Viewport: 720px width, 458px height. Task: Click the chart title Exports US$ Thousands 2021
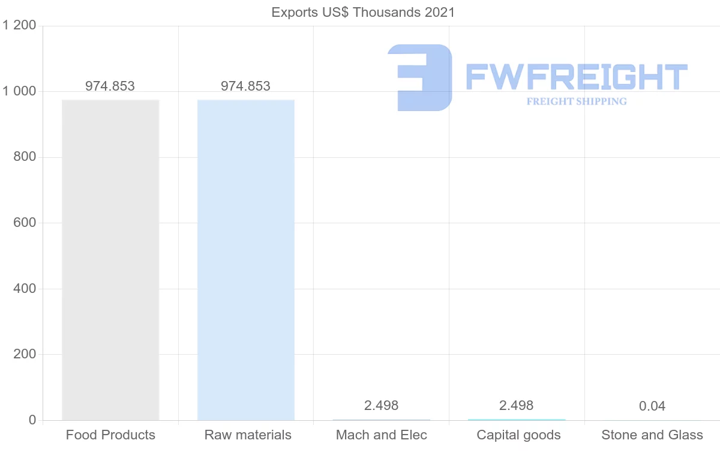tap(363, 12)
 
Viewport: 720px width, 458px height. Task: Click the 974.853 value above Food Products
tap(110, 86)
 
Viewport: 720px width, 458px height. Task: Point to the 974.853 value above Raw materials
tap(245, 86)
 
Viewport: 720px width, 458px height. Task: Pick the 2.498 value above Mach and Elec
tap(381, 405)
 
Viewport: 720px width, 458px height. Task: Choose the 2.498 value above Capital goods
tap(517, 405)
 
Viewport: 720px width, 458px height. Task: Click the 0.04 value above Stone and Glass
tap(652, 406)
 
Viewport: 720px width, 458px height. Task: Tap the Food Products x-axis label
tap(110, 435)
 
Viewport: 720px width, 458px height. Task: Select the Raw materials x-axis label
tap(248, 435)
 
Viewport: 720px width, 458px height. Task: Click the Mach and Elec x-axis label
tap(382, 435)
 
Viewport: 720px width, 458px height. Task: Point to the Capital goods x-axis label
tap(518, 435)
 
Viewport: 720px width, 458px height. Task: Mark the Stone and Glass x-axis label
tap(652, 435)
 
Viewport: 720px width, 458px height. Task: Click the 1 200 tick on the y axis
tap(19, 25)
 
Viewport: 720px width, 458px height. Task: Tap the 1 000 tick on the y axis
tap(19, 91)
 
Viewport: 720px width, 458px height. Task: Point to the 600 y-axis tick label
tap(25, 223)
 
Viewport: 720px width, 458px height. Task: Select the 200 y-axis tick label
tap(25, 354)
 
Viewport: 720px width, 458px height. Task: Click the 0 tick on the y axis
tap(32, 420)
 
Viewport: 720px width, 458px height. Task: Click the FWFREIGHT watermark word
tap(576, 77)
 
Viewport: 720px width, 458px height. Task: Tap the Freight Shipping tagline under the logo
tap(577, 101)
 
